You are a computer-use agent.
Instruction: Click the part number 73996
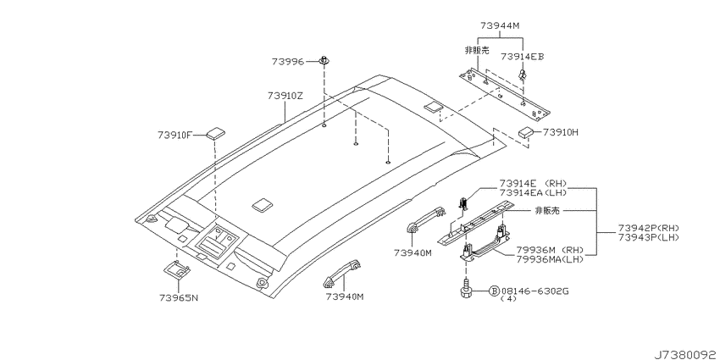(287, 62)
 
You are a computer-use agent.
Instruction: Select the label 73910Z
(285, 96)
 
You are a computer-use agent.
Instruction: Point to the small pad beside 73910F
(216, 134)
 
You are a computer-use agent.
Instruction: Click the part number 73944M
(500, 25)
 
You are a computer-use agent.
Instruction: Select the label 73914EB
(522, 57)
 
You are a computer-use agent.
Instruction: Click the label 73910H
(560, 133)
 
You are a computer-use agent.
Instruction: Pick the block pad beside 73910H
(526, 132)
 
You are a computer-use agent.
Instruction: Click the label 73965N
(179, 297)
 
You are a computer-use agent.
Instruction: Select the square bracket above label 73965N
(177, 269)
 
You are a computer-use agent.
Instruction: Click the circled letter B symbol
(494, 291)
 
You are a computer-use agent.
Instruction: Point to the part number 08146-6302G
(535, 291)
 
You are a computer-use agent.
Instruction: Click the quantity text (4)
(508, 298)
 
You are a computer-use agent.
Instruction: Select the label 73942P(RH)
(648, 228)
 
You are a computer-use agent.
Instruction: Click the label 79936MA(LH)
(549, 259)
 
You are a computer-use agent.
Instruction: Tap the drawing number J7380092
(686, 354)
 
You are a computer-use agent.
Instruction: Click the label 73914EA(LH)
(534, 191)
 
